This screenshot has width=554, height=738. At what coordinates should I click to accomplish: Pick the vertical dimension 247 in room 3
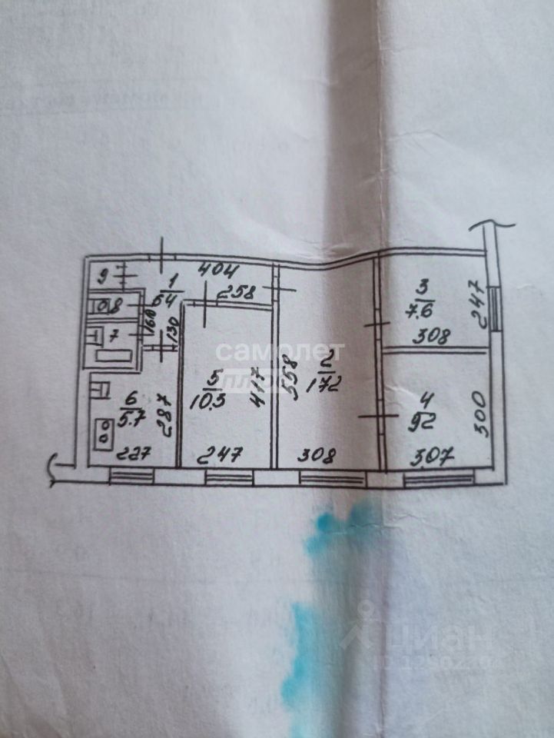tap(475, 304)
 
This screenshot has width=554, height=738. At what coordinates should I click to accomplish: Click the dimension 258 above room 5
tap(235, 291)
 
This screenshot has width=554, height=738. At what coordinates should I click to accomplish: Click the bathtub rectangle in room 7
tap(113, 355)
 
